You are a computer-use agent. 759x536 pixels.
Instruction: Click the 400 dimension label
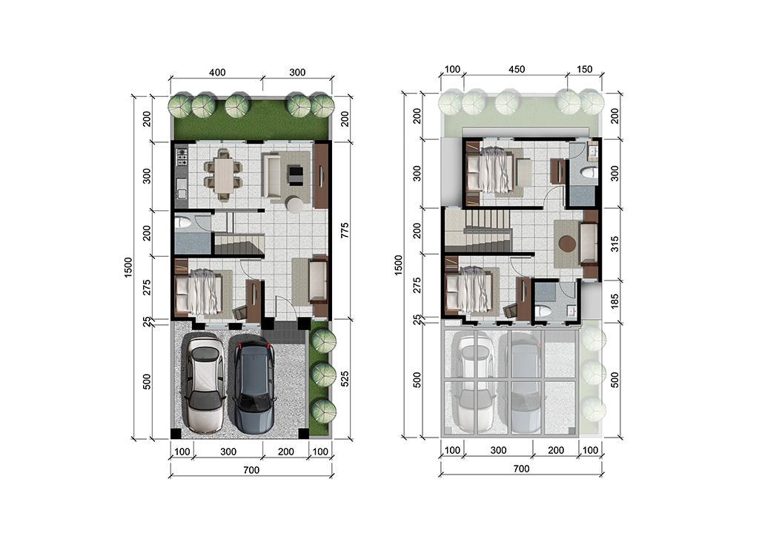click(x=217, y=73)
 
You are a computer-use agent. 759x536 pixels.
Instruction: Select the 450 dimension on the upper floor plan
click(x=517, y=70)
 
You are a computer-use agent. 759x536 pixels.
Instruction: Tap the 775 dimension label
click(x=345, y=230)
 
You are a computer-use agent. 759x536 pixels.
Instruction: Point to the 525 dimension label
click(x=345, y=378)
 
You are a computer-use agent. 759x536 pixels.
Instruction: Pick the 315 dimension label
click(x=614, y=244)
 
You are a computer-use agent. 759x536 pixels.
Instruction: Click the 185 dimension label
click(x=614, y=301)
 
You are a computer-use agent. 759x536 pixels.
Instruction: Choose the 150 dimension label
click(x=584, y=70)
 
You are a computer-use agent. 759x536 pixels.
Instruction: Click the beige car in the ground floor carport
click(x=206, y=384)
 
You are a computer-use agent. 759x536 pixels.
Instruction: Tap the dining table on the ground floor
click(x=224, y=174)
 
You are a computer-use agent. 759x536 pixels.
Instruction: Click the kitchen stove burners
click(x=182, y=156)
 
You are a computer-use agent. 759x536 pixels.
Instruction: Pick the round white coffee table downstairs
click(x=294, y=204)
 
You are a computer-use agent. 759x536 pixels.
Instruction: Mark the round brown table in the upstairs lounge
click(x=567, y=243)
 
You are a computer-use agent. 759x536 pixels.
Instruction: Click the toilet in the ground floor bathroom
click(x=184, y=223)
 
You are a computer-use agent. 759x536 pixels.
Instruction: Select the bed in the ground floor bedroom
click(x=199, y=292)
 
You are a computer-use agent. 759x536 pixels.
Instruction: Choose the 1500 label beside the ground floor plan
click(x=127, y=267)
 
